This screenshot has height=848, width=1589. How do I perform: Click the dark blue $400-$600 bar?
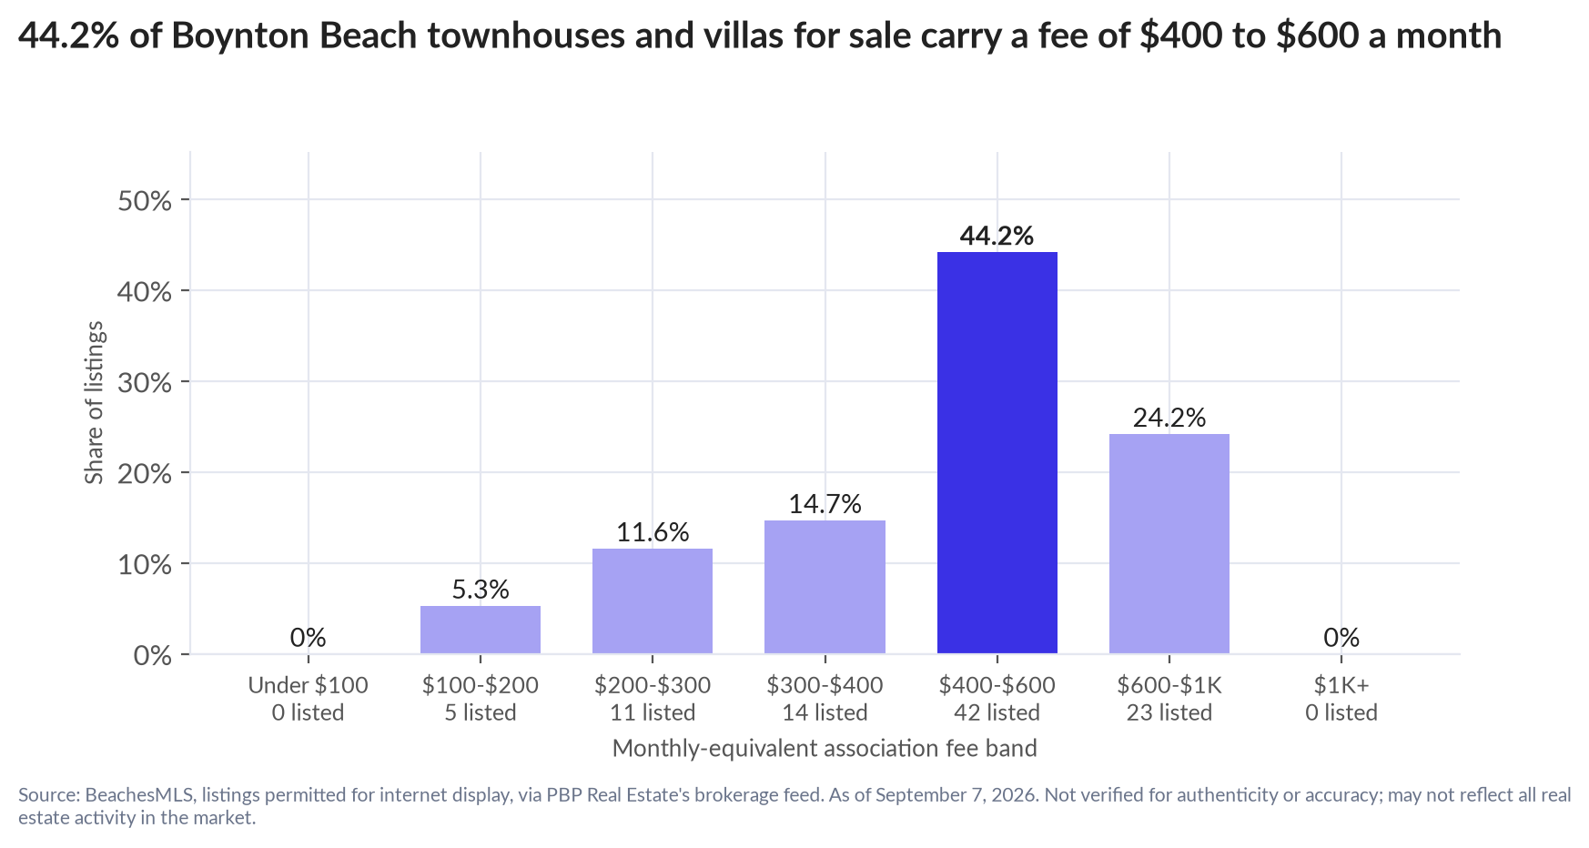(x=997, y=452)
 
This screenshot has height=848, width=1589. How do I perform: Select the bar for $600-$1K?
(x=1169, y=543)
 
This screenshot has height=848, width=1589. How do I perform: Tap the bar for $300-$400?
(x=825, y=587)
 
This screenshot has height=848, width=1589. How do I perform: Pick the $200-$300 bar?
(x=653, y=601)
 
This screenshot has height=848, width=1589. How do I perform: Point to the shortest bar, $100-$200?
(x=481, y=630)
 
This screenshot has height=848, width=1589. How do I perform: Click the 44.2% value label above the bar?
(x=997, y=236)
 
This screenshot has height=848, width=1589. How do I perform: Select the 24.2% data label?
(x=1169, y=418)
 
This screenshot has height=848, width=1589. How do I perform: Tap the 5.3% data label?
(x=481, y=590)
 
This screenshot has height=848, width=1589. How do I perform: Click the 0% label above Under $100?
(x=309, y=638)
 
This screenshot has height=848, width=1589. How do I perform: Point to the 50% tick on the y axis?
(x=145, y=200)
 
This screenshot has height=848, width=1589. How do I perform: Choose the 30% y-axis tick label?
(x=145, y=382)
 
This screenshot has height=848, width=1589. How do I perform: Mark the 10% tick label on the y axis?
(x=145, y=564)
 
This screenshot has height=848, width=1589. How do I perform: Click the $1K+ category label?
(x=1341, y=685)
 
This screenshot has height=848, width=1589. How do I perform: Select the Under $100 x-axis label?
(x=309, y=685)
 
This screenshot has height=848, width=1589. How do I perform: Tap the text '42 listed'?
(x=997, y=712)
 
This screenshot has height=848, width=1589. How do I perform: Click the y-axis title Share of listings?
(x=95, y=403)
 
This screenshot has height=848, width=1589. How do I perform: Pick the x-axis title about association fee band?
(x=825, y=748)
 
